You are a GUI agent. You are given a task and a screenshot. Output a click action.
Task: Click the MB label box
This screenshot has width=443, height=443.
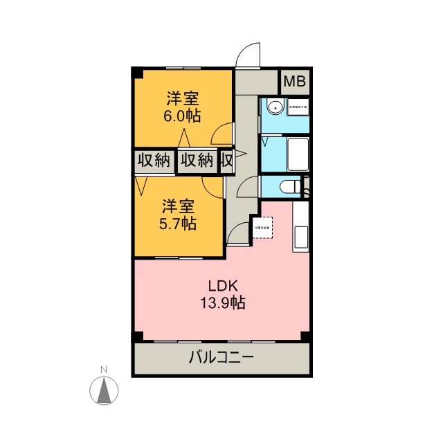point(295,82)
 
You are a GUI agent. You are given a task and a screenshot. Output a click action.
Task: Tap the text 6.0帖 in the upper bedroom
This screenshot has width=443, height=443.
point(182,116)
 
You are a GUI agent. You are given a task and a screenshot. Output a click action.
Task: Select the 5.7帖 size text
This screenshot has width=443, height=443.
point(179,224)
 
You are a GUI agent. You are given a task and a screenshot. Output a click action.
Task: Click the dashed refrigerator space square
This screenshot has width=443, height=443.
point(263,227)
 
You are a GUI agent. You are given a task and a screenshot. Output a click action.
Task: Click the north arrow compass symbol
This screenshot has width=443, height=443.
point(103,392)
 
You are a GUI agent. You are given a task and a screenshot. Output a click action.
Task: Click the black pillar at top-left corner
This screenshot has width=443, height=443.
point(138,73)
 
